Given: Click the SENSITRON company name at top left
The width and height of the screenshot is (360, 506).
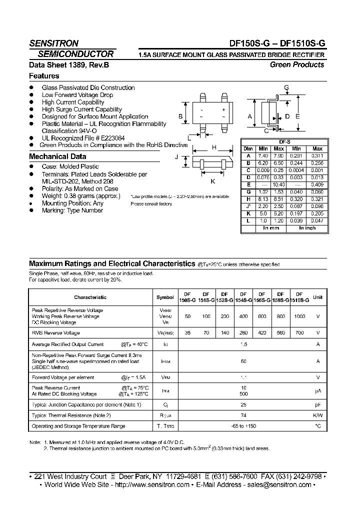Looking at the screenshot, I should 53,43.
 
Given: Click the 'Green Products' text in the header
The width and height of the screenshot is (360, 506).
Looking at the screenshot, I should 297,64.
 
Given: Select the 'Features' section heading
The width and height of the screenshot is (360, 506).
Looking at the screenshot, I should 44,76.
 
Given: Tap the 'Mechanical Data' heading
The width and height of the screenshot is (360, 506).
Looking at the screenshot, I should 57,156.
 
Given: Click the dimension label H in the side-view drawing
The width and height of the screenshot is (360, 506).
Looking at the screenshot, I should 214,147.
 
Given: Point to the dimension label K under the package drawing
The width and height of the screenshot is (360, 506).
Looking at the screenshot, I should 212,181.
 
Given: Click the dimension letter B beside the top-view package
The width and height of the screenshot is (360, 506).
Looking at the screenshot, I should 180,116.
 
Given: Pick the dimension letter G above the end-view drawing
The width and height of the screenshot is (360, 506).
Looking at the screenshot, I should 286,88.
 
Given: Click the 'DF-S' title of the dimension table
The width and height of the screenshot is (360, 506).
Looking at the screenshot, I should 284,142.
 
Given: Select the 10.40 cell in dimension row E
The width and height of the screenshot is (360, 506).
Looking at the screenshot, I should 279,185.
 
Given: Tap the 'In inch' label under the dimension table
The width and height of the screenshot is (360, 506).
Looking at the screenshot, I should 307,227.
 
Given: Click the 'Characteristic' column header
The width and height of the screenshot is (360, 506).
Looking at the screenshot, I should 90,297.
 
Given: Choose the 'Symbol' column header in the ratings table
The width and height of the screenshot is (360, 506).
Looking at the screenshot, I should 165,297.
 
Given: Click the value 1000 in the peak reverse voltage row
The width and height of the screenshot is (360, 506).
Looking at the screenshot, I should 299,317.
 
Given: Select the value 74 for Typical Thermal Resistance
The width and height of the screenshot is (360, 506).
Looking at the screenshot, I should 243,415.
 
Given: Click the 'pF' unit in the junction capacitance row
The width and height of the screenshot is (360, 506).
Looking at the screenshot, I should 317,404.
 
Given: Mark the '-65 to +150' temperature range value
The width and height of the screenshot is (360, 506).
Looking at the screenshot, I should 243,426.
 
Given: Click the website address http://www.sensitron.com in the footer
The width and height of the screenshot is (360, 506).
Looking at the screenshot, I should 153,484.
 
